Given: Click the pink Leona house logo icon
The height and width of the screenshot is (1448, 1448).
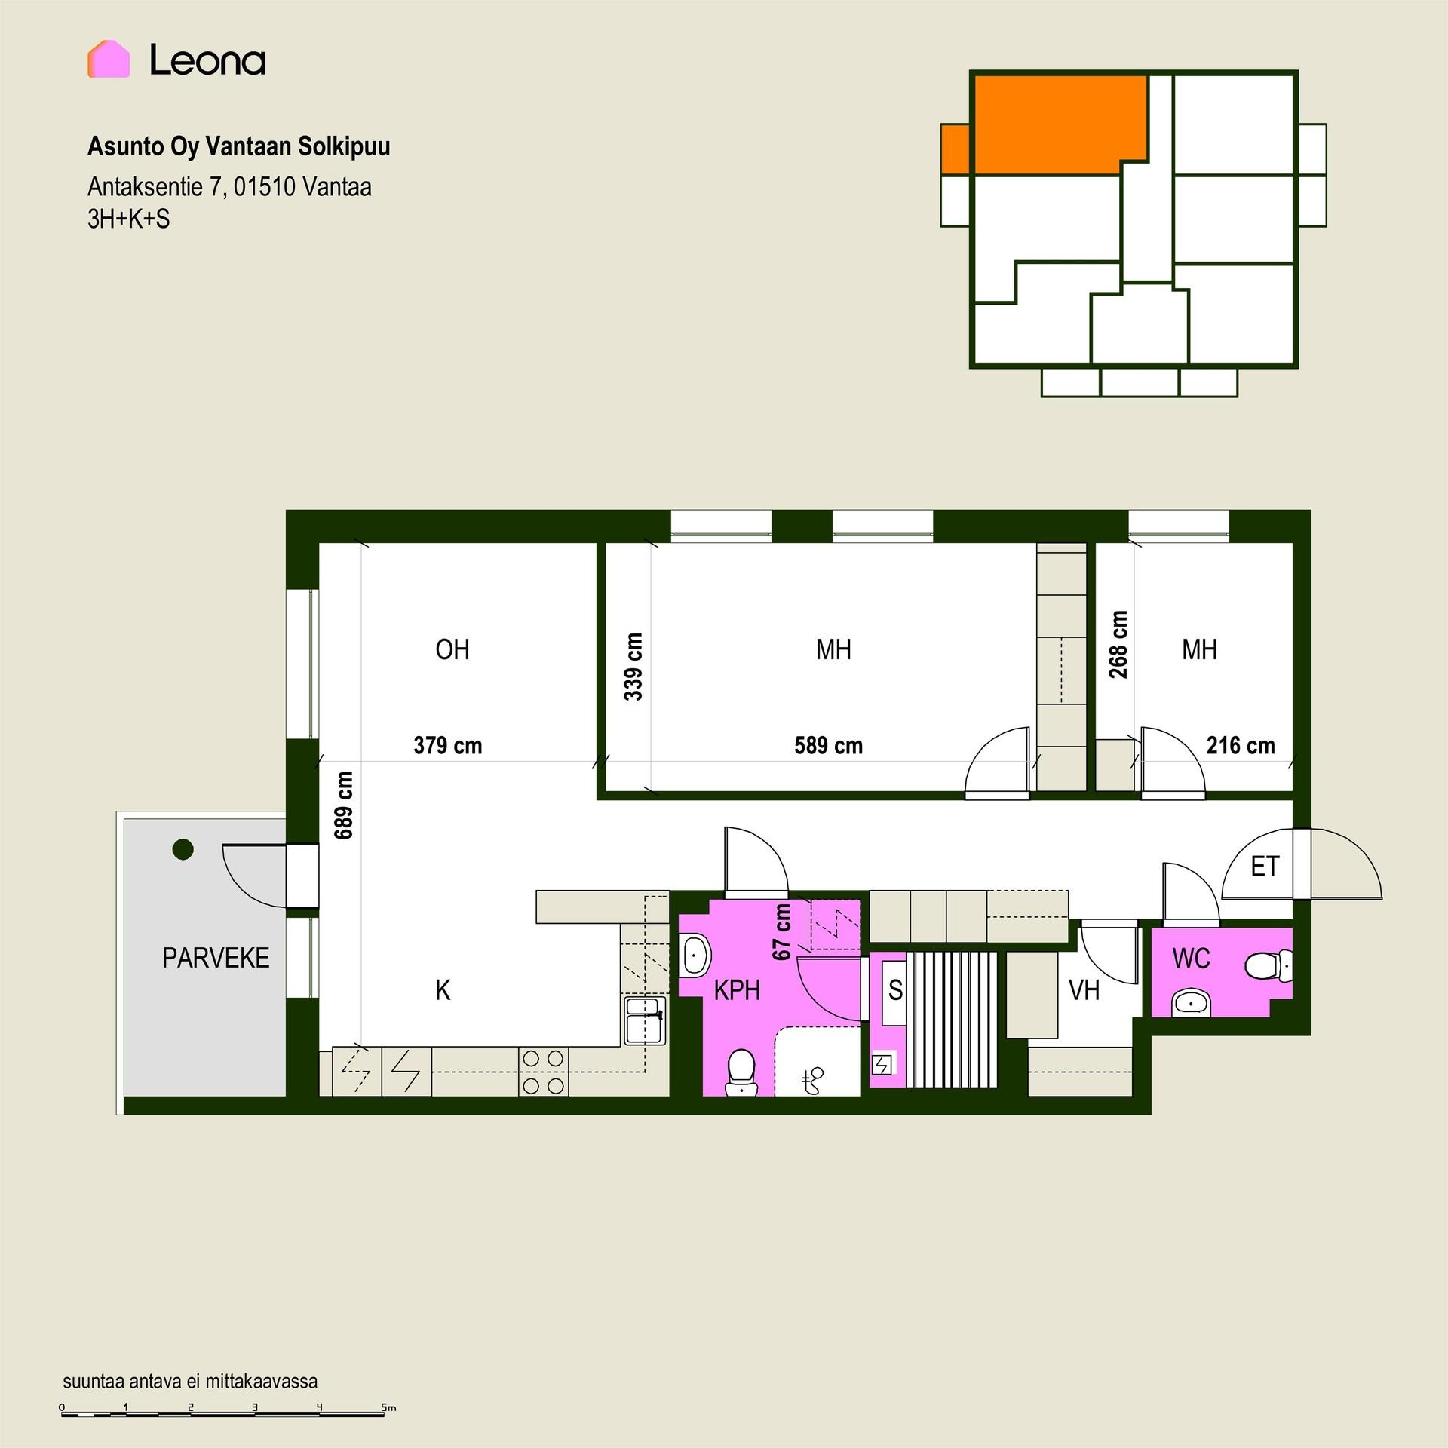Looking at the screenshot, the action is point(109,59).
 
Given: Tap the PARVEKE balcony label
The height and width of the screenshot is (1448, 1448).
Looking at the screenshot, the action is point(216,958).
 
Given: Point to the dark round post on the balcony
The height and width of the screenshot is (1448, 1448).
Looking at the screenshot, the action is point(183,849).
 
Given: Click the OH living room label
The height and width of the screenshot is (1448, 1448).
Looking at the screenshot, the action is point(452,649).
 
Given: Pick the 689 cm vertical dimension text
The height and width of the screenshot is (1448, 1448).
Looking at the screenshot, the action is point(343,805).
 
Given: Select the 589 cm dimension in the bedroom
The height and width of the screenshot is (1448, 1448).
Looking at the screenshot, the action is point(828,746).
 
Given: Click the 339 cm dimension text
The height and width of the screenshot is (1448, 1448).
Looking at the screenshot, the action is point(633,667).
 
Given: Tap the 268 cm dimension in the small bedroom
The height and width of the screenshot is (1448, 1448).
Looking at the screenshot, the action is point(1118,645).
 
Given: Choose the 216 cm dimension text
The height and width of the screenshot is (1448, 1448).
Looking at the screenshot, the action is point(1241,746).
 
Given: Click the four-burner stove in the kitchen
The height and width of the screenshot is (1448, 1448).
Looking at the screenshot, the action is point(544,1072).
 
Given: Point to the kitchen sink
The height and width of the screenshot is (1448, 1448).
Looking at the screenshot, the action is point(645,1020).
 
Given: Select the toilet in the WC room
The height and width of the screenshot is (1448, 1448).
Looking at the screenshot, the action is point(1268,966).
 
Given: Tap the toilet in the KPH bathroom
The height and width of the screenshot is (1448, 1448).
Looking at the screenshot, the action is point(741,1072).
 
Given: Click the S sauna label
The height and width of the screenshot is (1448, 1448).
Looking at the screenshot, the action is point(895,989).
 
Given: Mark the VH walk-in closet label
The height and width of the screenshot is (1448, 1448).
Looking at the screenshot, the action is point(1084,990).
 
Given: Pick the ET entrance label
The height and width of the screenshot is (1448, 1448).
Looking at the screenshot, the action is point(1265,867).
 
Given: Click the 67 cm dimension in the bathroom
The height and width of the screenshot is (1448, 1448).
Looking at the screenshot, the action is point(783,932).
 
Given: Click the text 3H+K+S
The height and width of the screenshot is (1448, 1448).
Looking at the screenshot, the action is point(129,219).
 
